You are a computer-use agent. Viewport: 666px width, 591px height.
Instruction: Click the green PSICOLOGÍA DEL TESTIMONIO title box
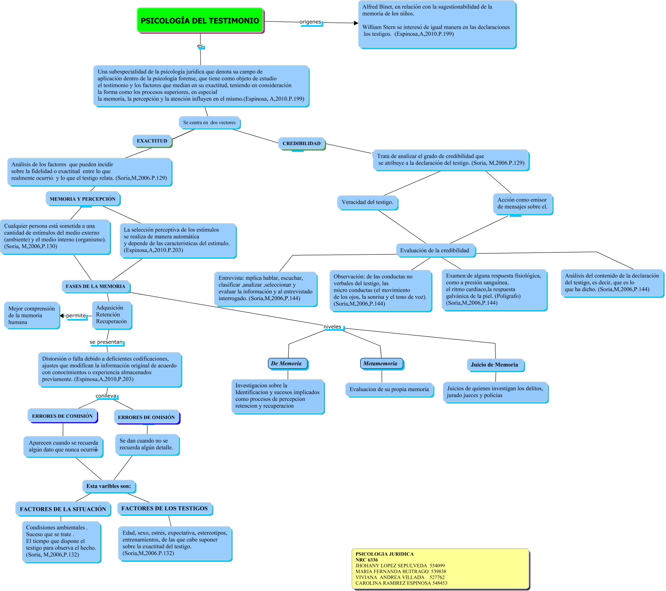(200, 21)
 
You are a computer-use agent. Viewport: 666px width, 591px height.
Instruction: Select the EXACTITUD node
(152, 141)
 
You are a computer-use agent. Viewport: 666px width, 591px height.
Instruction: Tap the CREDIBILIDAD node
(302, 143)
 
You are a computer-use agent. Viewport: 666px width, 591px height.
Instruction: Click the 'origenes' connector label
(310, 22)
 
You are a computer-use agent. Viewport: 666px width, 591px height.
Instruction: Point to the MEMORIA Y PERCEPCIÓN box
(83, 199)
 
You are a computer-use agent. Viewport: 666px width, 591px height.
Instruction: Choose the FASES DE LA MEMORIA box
(96, 286)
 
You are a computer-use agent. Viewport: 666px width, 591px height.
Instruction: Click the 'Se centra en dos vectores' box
(209, 123)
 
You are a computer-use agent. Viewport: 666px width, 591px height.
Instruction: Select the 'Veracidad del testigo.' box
(367, 202)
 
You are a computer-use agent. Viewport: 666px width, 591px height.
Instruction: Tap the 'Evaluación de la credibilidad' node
(435, 250)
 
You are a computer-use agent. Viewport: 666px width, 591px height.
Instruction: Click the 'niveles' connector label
(332, 327)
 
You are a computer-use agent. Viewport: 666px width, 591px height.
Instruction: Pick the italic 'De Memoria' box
(286, 363)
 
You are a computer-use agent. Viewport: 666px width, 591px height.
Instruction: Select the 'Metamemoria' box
(380, 363)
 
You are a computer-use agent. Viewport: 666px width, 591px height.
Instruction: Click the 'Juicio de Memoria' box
(495, 365)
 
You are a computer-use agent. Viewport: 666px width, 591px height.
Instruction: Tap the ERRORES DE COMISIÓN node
(62, 416)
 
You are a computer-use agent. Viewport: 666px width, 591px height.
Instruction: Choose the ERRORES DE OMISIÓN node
(146, 417)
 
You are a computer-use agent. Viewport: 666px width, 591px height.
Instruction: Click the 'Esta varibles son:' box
(109, 486)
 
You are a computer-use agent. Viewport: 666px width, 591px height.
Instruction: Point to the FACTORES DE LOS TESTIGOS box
(165, 508)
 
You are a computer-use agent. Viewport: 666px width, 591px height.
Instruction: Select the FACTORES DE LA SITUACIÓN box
(63, 509)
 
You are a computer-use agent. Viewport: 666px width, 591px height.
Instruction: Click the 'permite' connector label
(76, 316)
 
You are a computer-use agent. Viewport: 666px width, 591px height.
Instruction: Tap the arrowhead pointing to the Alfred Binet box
(356, 23)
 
